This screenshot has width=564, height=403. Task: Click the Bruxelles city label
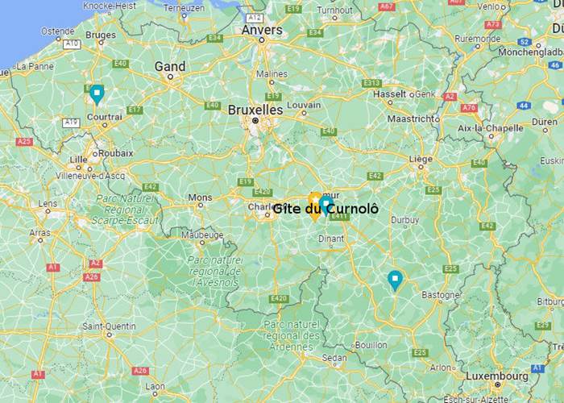(255, 109)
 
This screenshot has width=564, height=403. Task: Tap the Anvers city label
(262, 30)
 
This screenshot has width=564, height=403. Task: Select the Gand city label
(170, 67)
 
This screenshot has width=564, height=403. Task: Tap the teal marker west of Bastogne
(395, 280)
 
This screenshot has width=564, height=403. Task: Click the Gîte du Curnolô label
(325, 209)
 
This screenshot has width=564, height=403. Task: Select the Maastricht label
(413, 118)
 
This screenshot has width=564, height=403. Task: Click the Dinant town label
(332, 238)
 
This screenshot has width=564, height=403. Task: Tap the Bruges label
(101, 35)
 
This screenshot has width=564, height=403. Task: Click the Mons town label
(200, 197)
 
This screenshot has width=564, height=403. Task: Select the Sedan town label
(334, 357)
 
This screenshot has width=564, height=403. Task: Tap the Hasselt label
(390, 94)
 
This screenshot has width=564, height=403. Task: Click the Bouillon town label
(371, 344)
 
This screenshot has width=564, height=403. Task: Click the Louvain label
(304, 105)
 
